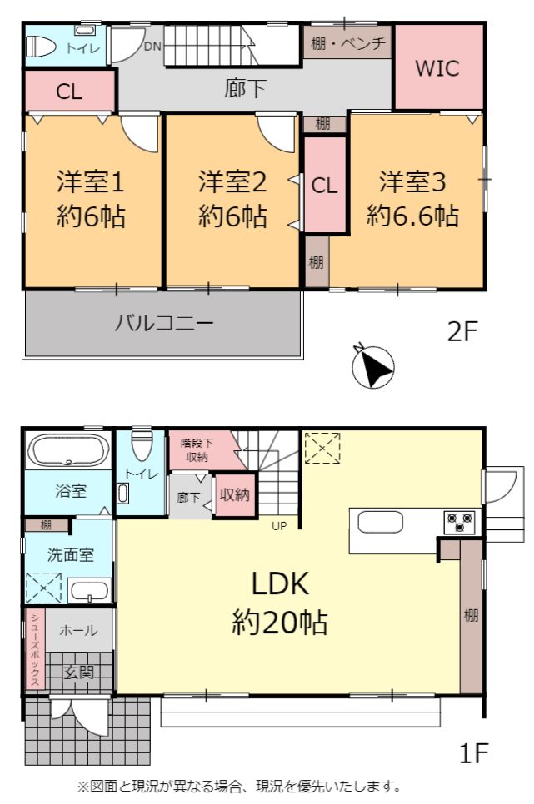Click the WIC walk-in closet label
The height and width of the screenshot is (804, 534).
coord(437,67)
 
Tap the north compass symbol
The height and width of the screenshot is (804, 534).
coord(374,366)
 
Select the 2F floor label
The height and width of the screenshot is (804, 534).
coord(462,331)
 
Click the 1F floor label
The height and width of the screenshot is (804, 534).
coord(472,752)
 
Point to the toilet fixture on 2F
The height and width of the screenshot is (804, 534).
coord(41,47)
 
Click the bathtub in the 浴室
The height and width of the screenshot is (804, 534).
coord(68,449)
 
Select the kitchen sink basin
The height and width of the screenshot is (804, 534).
coord(381,523)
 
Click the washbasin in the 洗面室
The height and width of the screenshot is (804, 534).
coord(90,591)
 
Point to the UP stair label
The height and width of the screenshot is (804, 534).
coord(279,525)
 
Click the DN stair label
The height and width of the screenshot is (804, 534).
coord(152,46)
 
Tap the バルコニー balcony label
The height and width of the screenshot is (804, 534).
coord(163,323)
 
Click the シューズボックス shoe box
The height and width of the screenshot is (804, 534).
coord(35,649)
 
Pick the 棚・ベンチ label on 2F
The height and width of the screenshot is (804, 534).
coord(348,43)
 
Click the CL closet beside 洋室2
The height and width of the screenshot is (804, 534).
coord(325,185)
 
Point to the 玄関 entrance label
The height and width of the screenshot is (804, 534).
coord(79,672)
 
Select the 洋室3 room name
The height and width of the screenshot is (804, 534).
coord(412,181)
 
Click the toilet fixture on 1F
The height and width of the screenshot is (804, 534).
coord(141,446)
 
